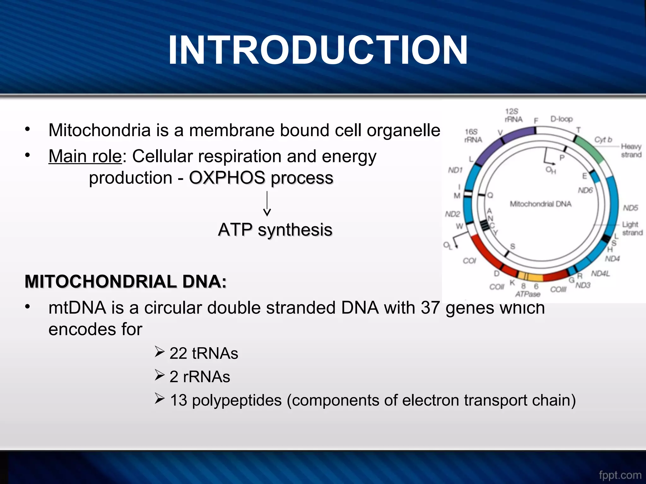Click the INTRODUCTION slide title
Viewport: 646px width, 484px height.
coord(318,50)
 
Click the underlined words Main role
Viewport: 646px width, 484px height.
coord(85,156)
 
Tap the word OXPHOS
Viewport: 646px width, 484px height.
coord(227,178)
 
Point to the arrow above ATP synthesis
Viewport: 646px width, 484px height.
coord(267,204)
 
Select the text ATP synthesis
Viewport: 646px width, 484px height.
coord(275,230)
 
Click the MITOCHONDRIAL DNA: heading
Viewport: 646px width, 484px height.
coord(126,281)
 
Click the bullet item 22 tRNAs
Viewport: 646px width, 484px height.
coord(203,353)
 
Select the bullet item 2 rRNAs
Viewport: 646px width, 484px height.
coord(199,377)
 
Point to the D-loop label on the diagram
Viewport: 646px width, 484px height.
coord(561,119)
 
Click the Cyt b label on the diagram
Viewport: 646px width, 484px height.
coord(603,140)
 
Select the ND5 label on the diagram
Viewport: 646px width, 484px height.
coord(630,208)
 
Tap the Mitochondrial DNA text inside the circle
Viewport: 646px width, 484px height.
coord(540,204)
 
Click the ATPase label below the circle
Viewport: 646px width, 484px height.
coord(528,294)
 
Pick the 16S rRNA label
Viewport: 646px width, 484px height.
coord(473,136)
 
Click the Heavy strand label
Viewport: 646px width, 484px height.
coord(631,151)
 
